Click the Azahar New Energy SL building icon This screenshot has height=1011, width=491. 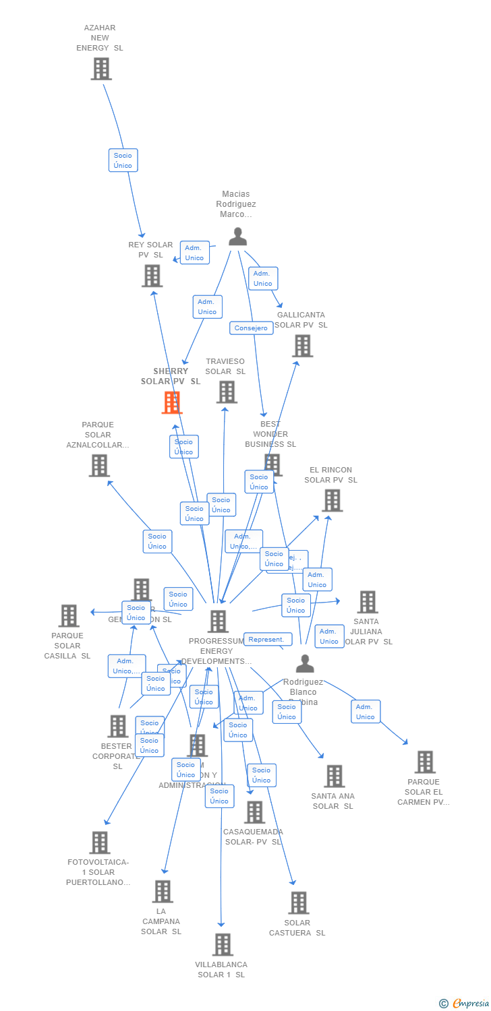tap(101, 69)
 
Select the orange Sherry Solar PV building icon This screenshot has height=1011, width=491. tap(172, 402)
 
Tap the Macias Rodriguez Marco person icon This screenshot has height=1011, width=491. tap(237, 237)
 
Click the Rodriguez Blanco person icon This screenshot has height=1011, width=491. tap(305, 664)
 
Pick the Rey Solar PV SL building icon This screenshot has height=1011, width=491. tap(152, 276)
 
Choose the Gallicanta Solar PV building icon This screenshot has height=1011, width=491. tap(302, 346)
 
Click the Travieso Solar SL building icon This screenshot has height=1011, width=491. tap(227, 392)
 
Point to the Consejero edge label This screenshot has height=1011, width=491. tap(251, 328)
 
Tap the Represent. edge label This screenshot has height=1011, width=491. tap(268, 639)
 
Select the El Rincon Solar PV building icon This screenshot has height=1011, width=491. tap(332, 501)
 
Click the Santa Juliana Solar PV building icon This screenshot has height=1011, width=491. tap(368, 602)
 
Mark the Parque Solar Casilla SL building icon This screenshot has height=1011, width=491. tap(69, 615)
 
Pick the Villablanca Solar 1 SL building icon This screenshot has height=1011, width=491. tap(223, 944)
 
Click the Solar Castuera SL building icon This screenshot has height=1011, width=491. tap(298, 902)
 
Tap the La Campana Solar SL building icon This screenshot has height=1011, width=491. tap(163, 891)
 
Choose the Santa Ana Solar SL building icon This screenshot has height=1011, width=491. tap(334, 776)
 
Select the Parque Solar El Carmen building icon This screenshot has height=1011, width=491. tap(425, 762)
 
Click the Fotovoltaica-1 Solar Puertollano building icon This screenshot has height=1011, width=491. tap(100, 842)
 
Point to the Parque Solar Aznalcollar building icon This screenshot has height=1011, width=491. tap(99, 465)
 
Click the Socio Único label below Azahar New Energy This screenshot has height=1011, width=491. tap(123, 160)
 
